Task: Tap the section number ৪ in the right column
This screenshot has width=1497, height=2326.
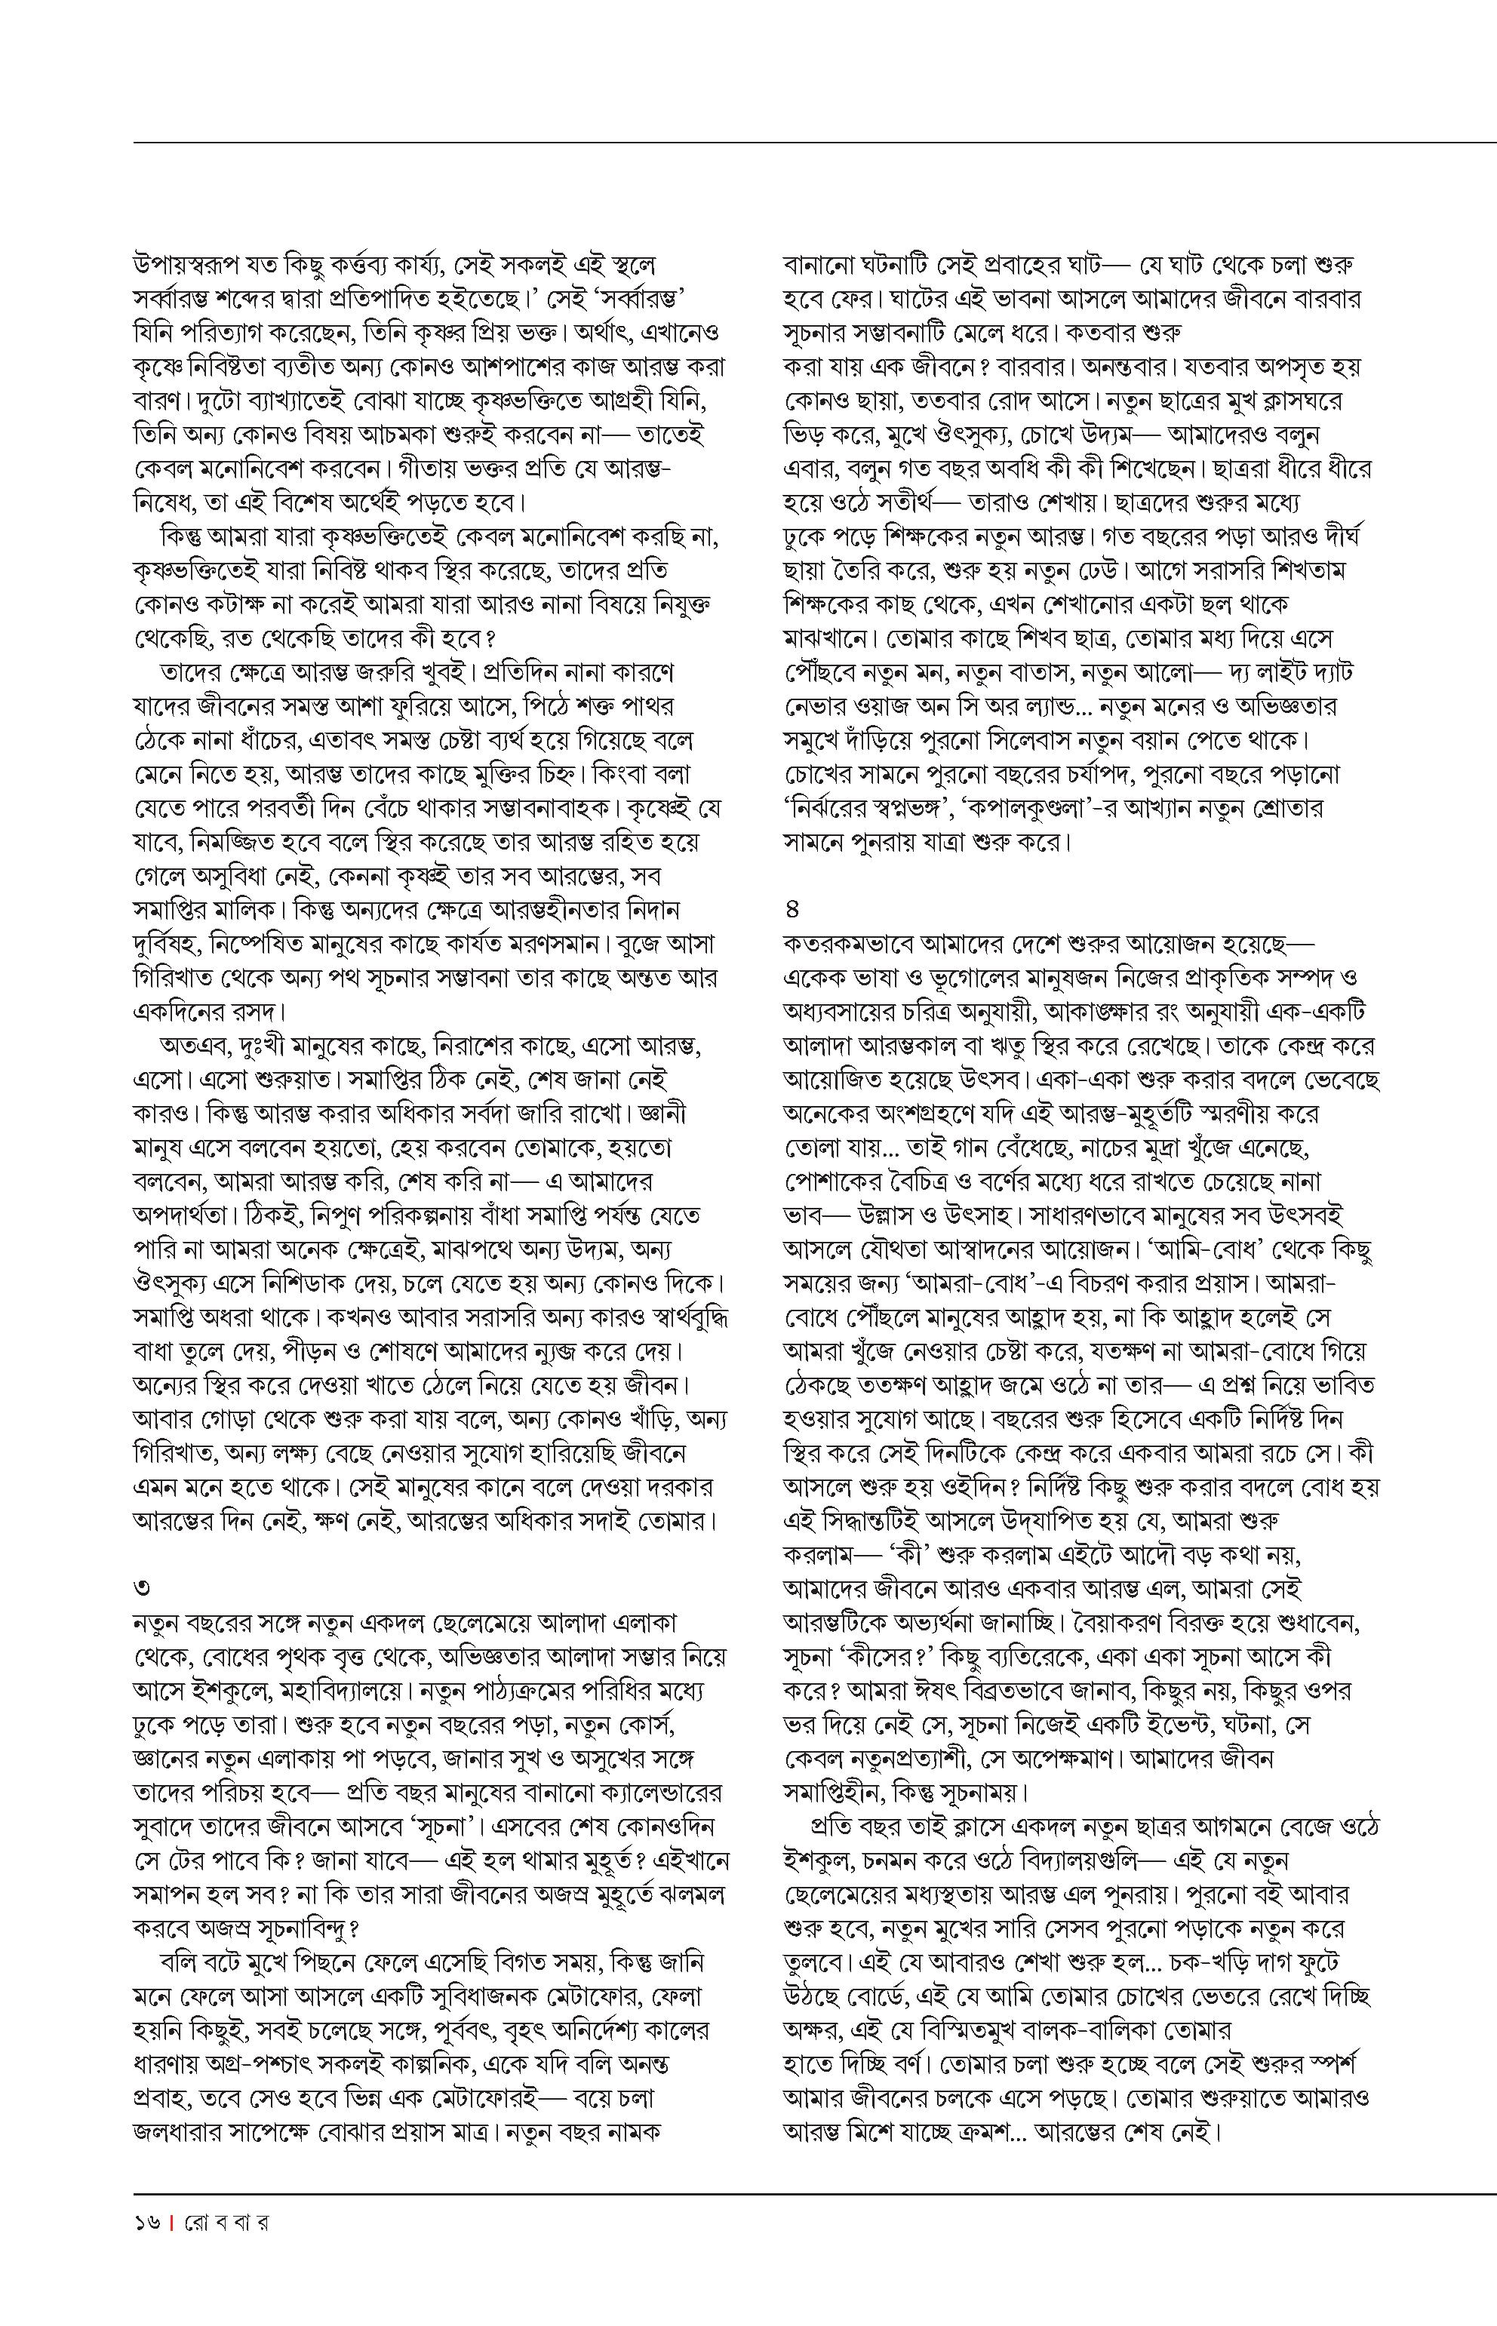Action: click(792, 910)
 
